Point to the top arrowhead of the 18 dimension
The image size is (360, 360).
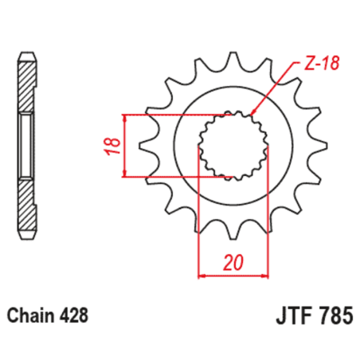127,118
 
